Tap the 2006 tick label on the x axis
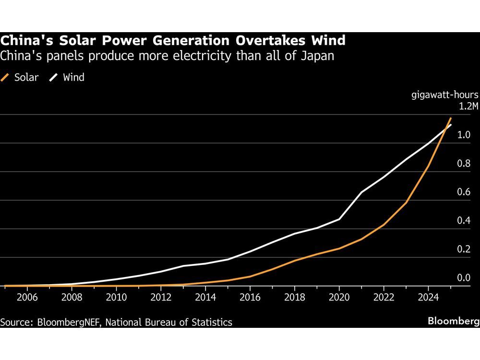coord(26,297)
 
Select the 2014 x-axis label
coord(205,297)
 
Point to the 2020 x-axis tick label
coord(339,297)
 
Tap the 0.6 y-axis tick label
coord(464,192)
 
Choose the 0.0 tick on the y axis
coord(464,278)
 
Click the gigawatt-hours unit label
coord(444,94)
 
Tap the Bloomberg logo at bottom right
coord(454,321)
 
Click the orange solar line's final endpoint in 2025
coord(451,118)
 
